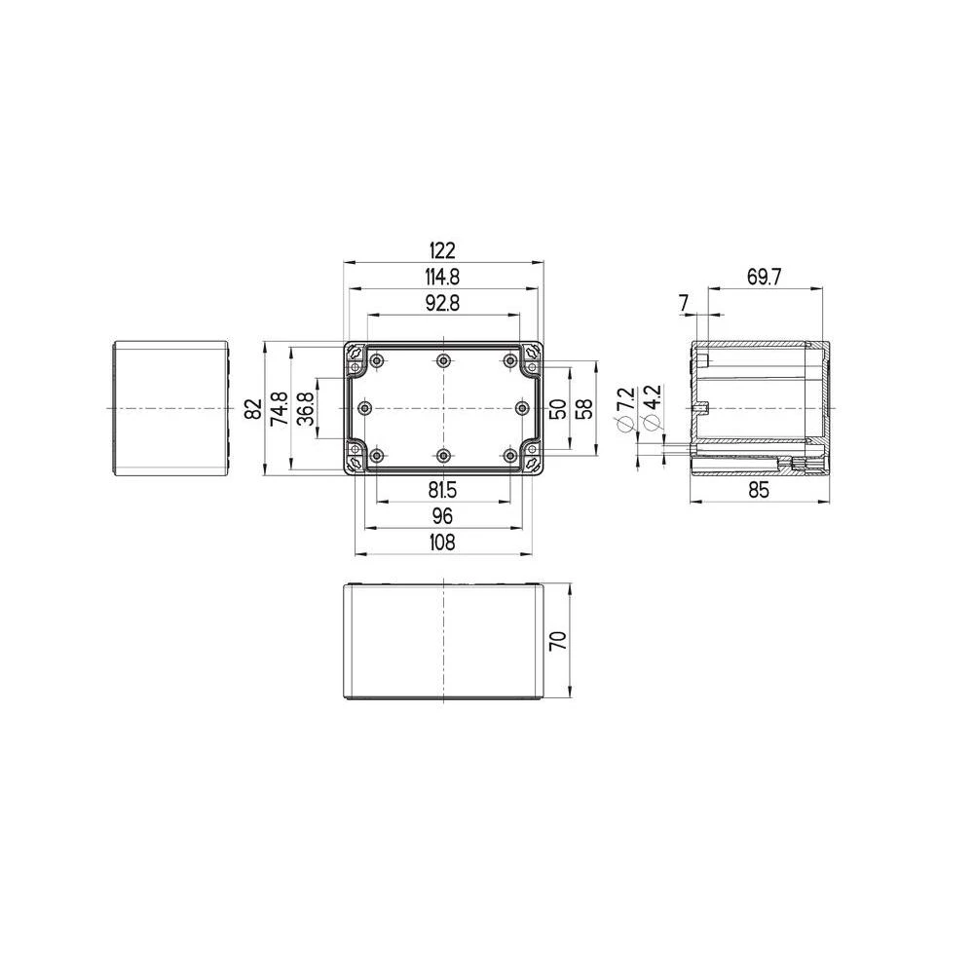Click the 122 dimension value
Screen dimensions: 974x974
(x=443, y=250)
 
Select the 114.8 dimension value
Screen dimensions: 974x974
(x=443, y=278)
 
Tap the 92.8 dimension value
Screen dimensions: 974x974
(x=443, y=303)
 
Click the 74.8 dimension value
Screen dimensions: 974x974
(x=279, y=409)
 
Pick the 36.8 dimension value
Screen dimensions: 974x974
(x=304, y=409)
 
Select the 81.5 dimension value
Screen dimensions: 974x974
(x=443, y=490)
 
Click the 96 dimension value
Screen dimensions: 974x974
(x=443, y=515)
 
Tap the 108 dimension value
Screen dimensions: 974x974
(x=443, y=542)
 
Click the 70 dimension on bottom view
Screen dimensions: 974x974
(x=557, y=641)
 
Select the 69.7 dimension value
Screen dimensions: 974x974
(x=765, y=278)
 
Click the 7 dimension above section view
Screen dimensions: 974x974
(x=685, y=303)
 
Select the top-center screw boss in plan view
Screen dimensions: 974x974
(x=443, y=361)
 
